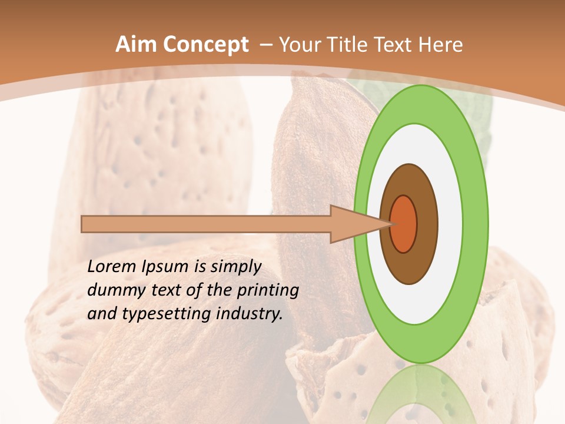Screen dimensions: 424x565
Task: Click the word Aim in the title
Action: (x=136, y=45)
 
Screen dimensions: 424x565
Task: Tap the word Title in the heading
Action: (x=352, y=45)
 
